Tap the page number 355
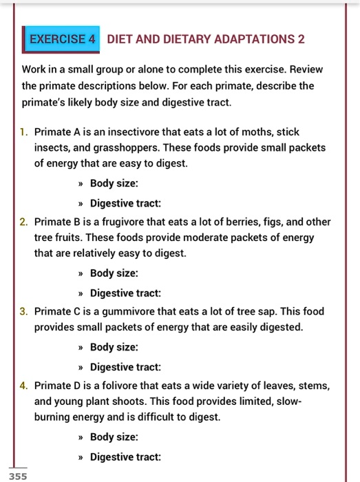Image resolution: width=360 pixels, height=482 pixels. (19, 476)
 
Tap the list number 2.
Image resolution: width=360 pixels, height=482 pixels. (23, 222)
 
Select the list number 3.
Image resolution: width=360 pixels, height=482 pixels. (23, 311)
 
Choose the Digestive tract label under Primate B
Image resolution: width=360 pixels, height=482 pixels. (125, 293)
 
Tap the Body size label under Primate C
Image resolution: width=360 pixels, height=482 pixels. (114, 347)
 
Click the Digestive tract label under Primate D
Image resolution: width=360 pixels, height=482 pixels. (125, 456)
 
